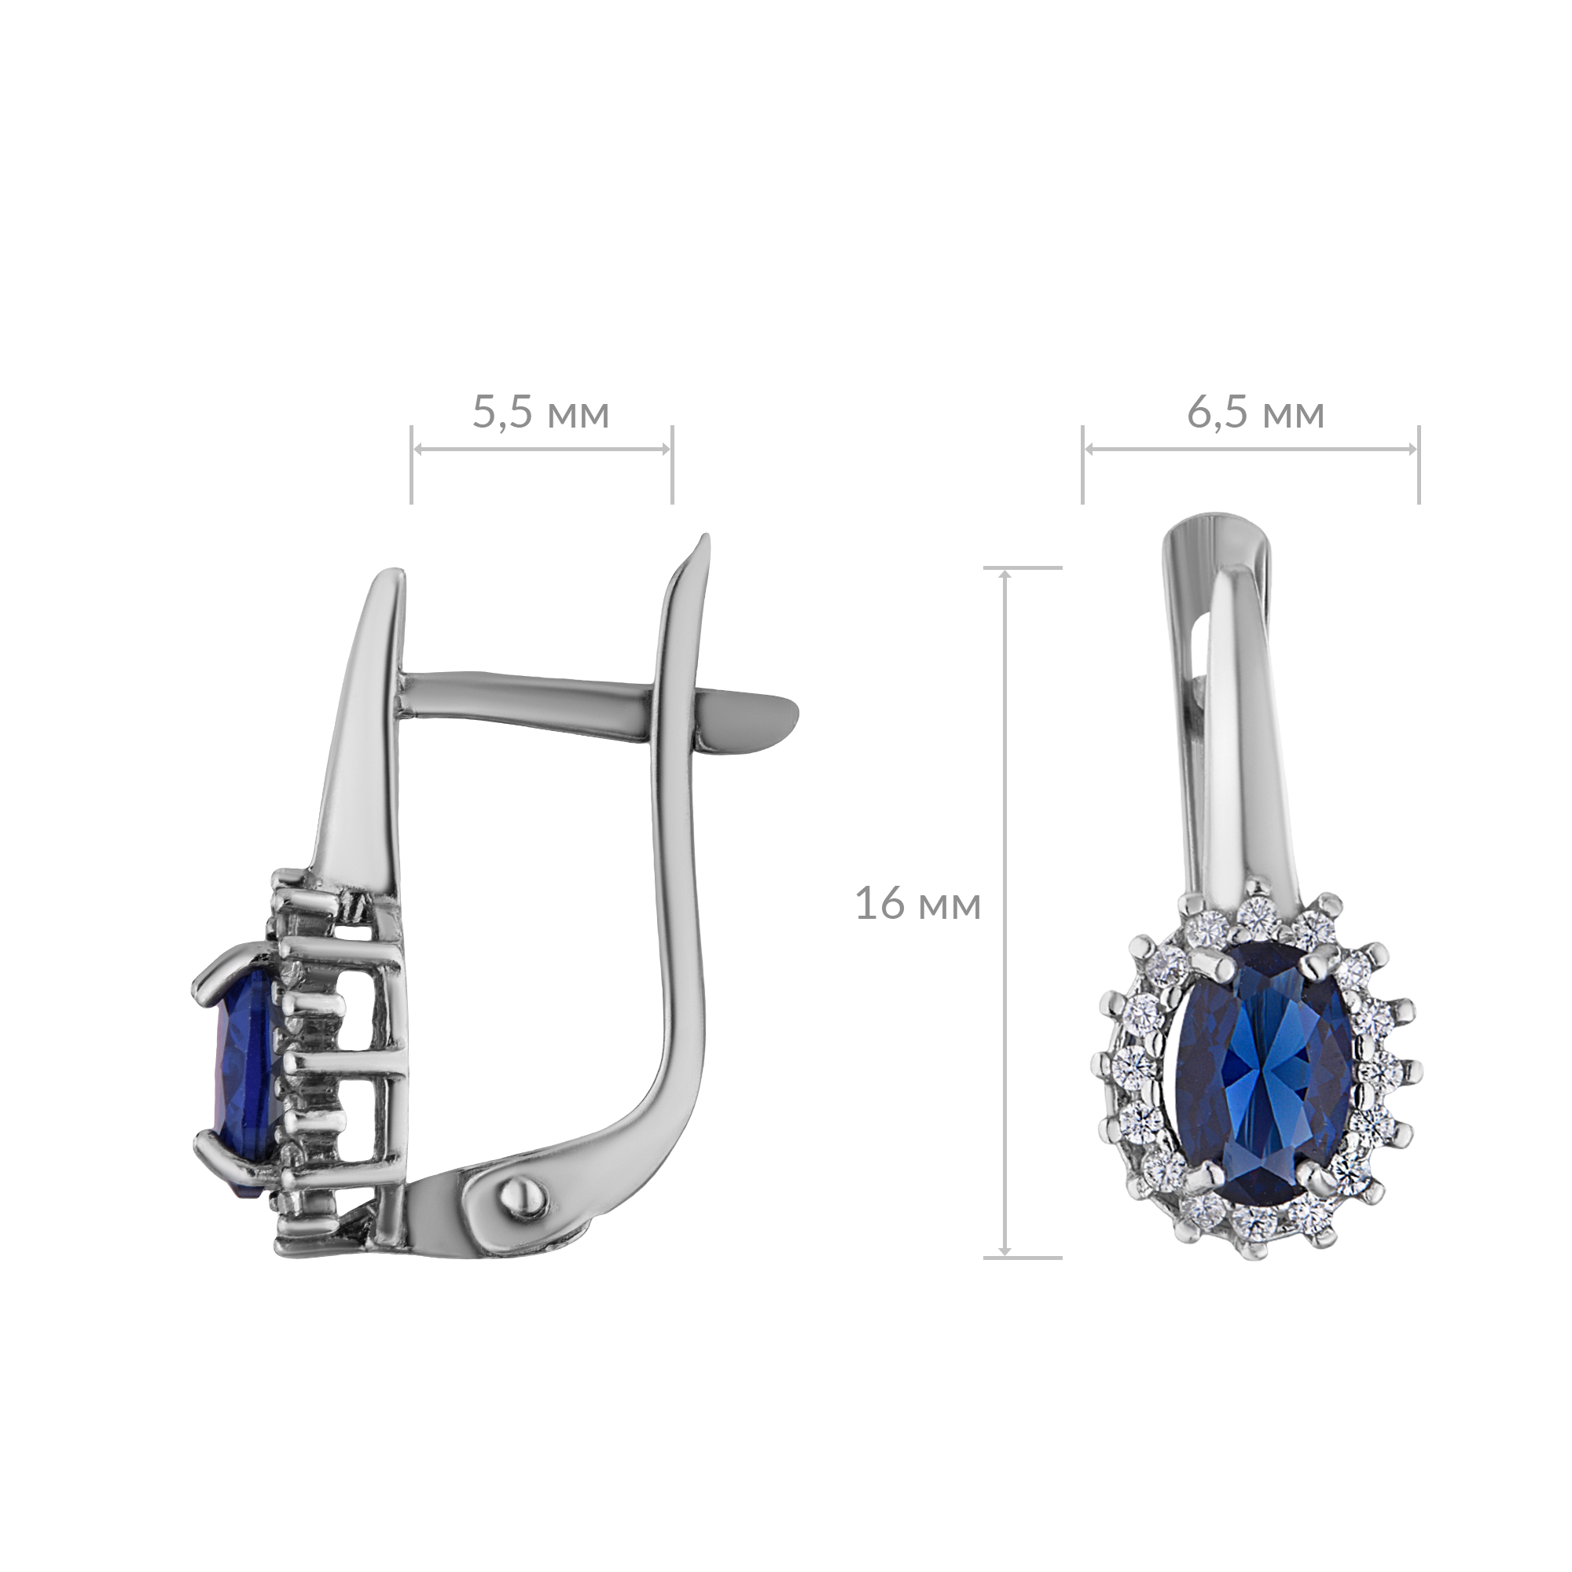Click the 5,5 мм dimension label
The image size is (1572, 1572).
540,413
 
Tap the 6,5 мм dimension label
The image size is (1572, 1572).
1255,413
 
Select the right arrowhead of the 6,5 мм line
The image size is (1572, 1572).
1412,449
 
